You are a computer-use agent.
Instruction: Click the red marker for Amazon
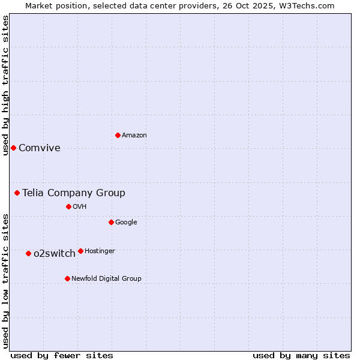click(118, 135)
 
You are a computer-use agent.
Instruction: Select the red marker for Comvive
click(13, 148)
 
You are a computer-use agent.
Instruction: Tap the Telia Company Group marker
click(17, 193)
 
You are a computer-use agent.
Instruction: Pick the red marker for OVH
click(68, 206)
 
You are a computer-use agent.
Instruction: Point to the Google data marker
click(111, 222)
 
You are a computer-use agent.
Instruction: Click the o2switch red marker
click(28, 253)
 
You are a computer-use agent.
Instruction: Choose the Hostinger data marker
click(80, 251)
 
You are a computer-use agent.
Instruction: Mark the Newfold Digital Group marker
click(67, 278)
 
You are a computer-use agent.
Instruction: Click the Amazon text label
click(134, 136)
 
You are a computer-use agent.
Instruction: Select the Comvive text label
click(40, 148)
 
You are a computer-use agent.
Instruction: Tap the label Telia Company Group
click(74, 193)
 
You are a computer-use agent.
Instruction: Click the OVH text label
click(80, 207)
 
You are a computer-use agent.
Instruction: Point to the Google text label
click(126, 223)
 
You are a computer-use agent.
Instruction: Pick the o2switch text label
click(55, 254)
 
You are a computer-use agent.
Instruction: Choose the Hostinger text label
click(100, 251)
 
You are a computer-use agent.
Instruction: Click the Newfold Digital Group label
click(106, 279)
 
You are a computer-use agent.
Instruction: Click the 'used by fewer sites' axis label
click(62, 355)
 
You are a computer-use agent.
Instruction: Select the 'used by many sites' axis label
click(301, 355)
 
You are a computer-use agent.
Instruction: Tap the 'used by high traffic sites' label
click(5, 85)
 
